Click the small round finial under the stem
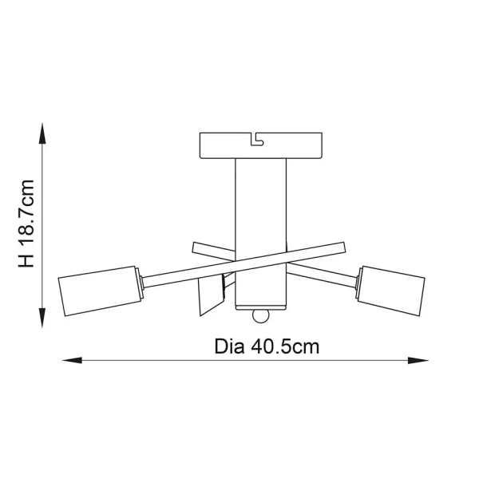[259, 317]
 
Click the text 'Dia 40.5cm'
[267, 348]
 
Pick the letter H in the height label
[26, 261]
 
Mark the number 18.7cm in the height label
[26, 214]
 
